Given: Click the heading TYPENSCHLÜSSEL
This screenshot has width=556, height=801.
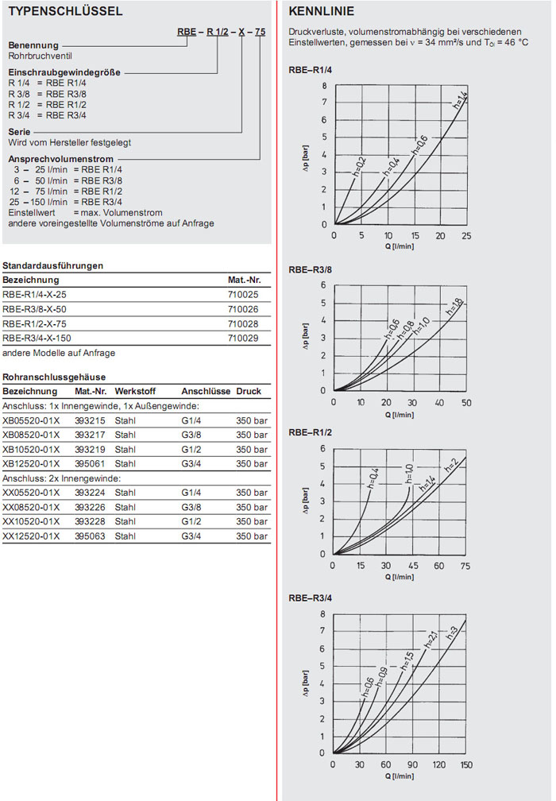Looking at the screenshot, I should (x=64, y=12).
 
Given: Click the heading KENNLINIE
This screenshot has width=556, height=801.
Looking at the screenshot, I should (x=322, y=12).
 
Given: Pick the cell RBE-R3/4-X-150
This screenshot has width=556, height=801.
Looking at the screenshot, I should (x=37, y=338).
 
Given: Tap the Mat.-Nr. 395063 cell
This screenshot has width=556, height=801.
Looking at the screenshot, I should (x=90, y=536).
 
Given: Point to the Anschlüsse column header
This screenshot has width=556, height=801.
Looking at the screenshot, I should (x=206, y=392).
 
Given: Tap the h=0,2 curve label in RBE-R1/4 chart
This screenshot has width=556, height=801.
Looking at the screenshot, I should (x=360, y=166).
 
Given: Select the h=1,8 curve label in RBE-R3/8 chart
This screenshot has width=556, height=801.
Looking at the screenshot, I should (x=454, y=307).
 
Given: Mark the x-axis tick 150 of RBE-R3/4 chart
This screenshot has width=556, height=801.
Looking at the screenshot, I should (x=465, y=764).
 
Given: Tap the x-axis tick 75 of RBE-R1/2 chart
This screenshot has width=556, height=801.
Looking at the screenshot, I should (x=465, y=566).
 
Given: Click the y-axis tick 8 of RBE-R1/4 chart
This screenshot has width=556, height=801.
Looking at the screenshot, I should (x=324, y=85).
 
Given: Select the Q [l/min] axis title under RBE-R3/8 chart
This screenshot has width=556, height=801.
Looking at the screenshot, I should (x=400, y=414).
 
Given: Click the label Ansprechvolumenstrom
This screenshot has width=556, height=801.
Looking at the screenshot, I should (x=55, y=159).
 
